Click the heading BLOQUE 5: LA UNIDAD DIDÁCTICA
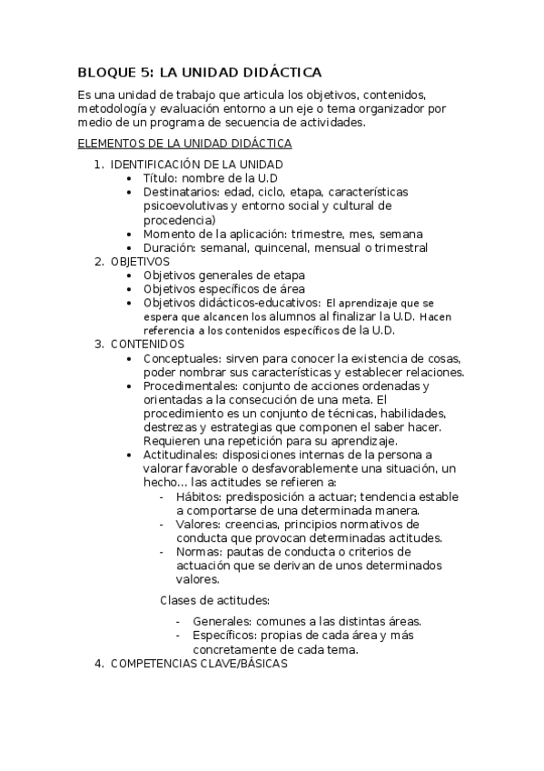(x=201, y=72)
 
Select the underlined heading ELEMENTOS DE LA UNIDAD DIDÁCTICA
(x=185, y=144)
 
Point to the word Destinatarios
(x=181, y=192)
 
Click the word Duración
(x=168, y=247)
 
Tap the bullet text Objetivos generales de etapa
(x=223, y=275)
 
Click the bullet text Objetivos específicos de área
(x=223, y=289)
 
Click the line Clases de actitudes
(x=214, y=600)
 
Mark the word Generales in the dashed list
(x=223, y=622)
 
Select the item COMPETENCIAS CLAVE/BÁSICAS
(x=198, y=664)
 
